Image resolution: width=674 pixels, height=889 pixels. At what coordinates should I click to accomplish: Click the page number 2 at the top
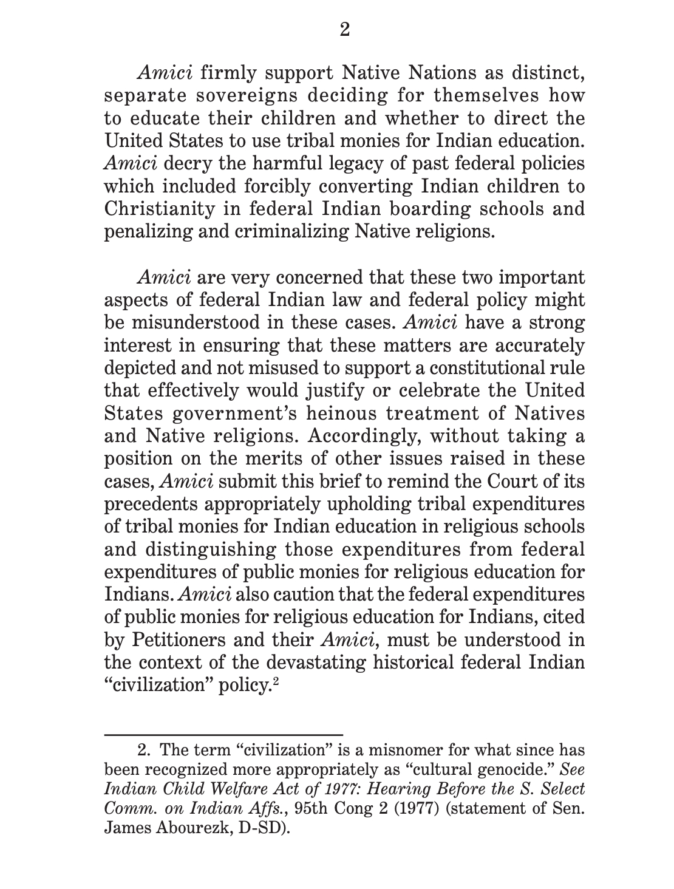click(x=344, y=29)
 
